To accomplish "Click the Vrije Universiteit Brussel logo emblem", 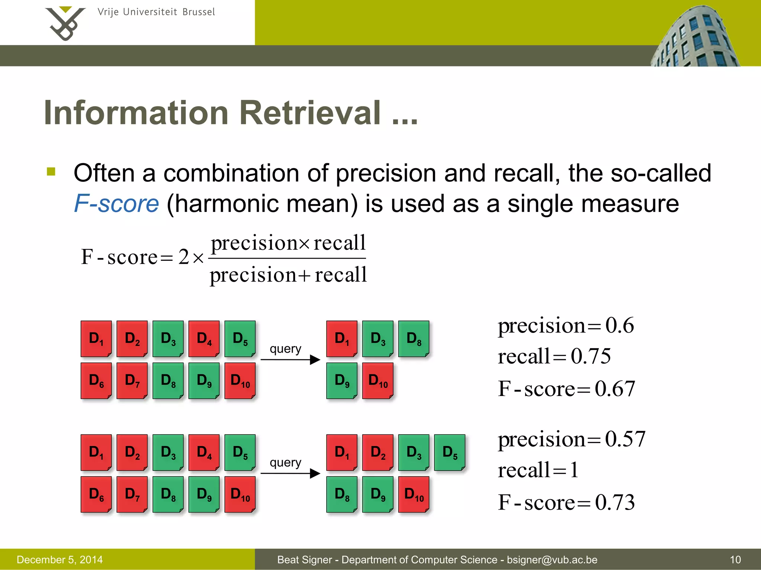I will [x=65, y=23].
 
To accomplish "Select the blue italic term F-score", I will [x=116, y=204].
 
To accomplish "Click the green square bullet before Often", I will [x=51, y=171].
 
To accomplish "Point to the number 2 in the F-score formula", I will [x=184, y=257].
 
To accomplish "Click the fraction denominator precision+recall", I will [x=288, y=275].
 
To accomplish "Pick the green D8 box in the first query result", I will [x=414, y=338].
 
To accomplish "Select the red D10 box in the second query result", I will [x=414, y=494].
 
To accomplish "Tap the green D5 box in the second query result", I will [x=450, y=452].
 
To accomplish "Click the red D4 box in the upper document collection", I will [x=204, y=338].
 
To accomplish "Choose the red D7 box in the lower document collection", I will [x=132, y=494].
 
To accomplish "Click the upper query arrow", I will [x=290, y=360].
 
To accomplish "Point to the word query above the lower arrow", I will [x=285, y=462].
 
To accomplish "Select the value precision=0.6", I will [x=566, y=326].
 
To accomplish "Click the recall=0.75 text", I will [x=554, y=357].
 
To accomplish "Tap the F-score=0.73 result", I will [x=566, y=502].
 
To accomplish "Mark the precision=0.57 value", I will [x=571, y=439].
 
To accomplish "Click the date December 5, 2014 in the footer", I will [x=60, y=560].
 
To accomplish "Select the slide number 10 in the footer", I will [x=735, y=560].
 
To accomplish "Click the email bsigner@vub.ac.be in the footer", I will [x=552, y=560].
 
